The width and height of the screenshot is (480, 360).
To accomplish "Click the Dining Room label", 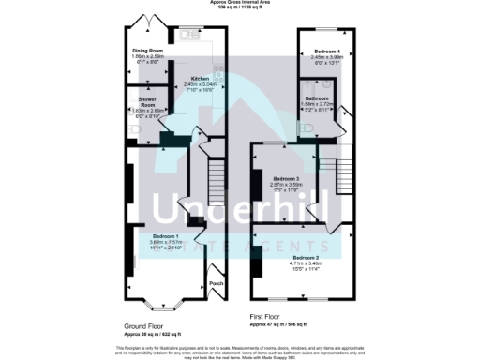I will [148, 51].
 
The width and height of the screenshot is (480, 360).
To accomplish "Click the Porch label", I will [216, 283].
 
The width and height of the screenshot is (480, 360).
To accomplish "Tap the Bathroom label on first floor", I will [317, 97].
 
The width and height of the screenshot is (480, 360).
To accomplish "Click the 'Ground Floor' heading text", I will [148, 325].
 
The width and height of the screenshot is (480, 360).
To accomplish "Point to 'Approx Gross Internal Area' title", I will [239, 4].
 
